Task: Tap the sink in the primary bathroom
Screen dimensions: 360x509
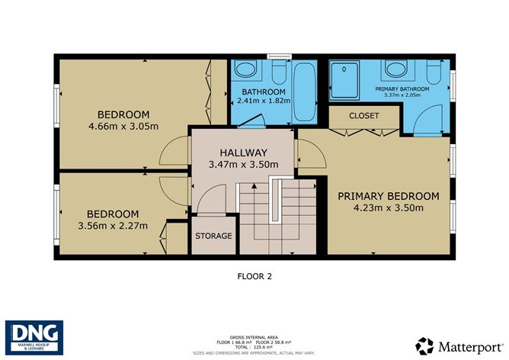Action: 396,70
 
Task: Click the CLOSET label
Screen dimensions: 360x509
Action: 363,116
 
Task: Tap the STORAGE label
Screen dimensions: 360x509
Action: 213,236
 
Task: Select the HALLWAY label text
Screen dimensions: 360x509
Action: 243,152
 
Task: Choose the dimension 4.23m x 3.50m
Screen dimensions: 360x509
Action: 389,207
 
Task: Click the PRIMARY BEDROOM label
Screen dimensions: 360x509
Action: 389,196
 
